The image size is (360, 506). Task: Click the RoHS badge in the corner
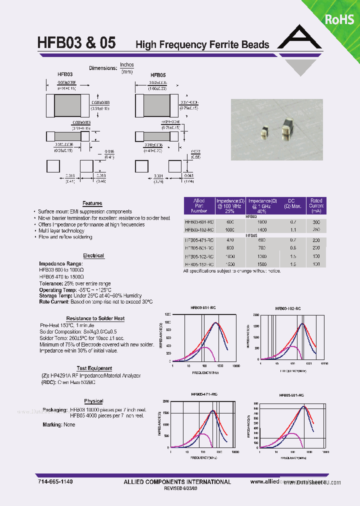(340, 19)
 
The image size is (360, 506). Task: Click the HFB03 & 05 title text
(76, 43)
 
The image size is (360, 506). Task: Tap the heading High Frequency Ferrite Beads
(202, 44)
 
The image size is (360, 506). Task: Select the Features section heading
(92, 203)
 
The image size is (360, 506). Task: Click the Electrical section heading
(93, 255)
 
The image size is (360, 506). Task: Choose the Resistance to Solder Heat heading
(95, 318)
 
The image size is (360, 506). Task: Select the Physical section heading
(93, 401)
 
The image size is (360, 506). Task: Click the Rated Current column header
(316, 205)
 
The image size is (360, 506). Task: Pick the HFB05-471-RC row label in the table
(199, 240)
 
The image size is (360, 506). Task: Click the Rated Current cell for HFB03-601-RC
(316, 222)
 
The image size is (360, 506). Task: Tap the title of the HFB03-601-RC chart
(202, 308)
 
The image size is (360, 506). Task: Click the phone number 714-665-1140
(55, 481)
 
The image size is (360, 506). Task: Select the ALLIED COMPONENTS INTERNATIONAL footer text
(177, 482)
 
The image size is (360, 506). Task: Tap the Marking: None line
(59, 424)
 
